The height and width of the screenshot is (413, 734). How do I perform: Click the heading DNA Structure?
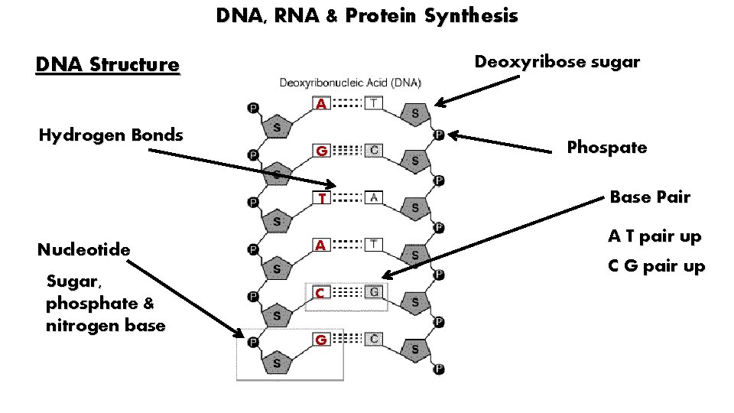point(107,63)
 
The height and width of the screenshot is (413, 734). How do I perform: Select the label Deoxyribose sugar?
point(557,62)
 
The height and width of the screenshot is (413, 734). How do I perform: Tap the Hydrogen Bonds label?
point(111,135)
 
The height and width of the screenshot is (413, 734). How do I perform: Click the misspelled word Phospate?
point(606,148)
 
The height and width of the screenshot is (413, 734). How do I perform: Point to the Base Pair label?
point(649,197)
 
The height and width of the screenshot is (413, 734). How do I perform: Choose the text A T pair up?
point(654,236)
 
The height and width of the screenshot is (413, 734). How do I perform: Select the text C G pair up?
point(656,266)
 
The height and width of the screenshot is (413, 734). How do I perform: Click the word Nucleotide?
point(83,249)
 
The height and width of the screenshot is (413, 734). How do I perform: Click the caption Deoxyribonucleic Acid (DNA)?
point(349,82)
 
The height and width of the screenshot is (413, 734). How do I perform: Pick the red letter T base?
point(323,199)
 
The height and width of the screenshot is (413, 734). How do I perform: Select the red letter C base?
point(323,293)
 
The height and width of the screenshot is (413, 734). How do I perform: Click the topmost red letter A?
point(323,104)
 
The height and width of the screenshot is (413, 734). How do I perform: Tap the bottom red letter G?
point(323,340)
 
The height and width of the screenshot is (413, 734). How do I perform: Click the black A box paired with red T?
point(374,197)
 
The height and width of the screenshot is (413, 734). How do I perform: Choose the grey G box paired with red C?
point(374,292)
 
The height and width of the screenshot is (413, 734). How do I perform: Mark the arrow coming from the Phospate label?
point(505,141)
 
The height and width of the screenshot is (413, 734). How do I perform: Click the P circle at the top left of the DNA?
point(252,109)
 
